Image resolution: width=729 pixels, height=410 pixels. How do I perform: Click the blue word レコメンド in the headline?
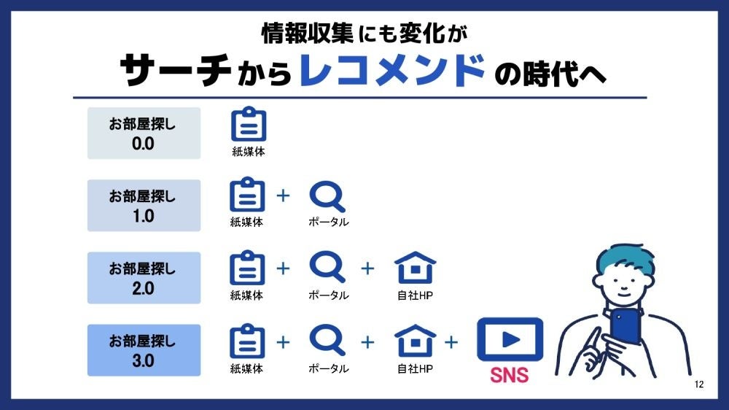(x=392, y=71)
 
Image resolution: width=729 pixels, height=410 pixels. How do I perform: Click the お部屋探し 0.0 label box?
(x=144, y=134)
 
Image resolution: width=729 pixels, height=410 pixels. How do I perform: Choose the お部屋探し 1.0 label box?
(x=144, y=206)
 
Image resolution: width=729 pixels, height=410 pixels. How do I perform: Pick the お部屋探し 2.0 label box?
(x=144, y=278)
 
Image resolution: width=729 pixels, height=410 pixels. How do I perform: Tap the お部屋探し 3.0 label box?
(x=144, y=350)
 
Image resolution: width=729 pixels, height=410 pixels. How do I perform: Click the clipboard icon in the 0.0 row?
(x=249, y=125)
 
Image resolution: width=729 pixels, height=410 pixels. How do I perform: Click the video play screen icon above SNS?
(x=510, y=340)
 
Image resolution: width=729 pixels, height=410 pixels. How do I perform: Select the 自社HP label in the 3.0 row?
(x=415, y=368)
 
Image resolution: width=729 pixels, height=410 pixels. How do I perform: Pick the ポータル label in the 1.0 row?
(x=328, y=223)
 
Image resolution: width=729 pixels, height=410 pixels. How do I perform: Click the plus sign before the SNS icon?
(x=452, y=341)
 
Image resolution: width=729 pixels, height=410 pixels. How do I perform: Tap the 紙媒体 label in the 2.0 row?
(x=246, y=295)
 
